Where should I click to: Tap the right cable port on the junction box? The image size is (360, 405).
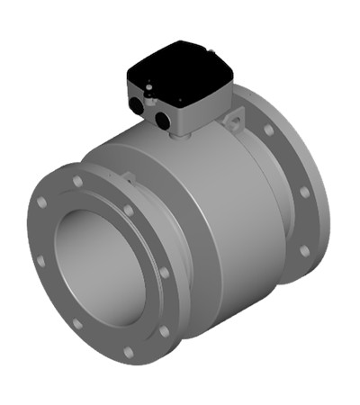pos(163,118)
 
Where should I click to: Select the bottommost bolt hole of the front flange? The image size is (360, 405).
pos(128,352)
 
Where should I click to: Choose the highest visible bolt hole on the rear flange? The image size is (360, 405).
pos(269,130)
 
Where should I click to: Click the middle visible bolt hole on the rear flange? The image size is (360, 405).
pos(304,192)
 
